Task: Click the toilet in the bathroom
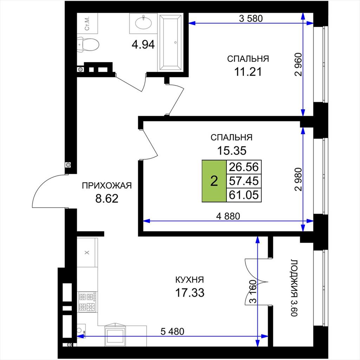coord(88,45)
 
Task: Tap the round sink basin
coord(143,23)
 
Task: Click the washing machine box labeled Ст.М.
coord(87,23)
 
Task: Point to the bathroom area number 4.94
coord(143,44)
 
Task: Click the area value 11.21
coord(248,72)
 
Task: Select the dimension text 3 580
coord(251,18)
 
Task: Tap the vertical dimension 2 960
coord(298,65)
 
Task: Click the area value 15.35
coord(232,150)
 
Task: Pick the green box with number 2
coord(214,181)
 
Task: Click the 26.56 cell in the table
coord(244,167)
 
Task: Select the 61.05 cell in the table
coord(244,195)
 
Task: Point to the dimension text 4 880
coord(228,216)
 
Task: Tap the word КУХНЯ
coord(189,280)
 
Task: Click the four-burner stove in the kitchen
coord(87,302)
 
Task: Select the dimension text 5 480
coord(172,332)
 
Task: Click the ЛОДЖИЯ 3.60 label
coord(294,288)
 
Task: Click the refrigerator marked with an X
coord(87,252)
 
